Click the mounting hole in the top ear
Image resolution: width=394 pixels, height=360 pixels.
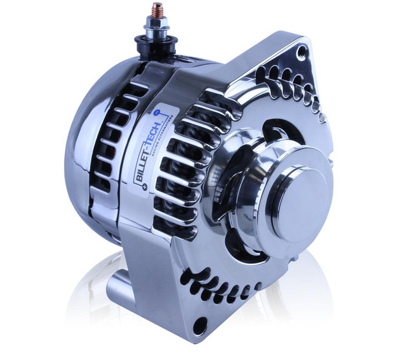[302, 50]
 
